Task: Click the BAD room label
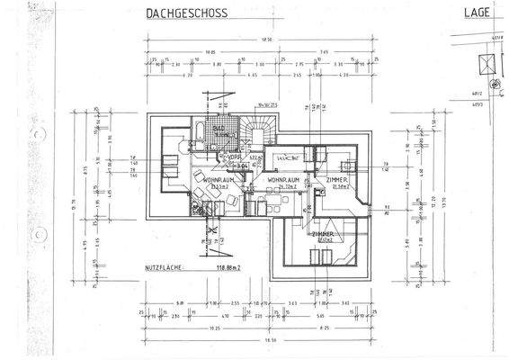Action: (219, 129)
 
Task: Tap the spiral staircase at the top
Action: (267, 132)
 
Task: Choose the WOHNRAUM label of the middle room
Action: (281, 180)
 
